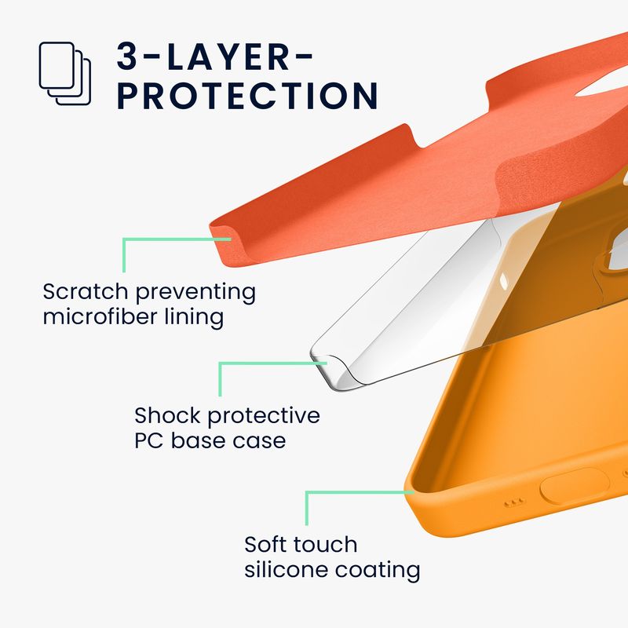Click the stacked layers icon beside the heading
point(65,73)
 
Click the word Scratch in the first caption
point(85,291)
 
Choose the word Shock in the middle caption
point(167,415)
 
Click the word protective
point(264,417)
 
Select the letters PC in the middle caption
point(148,441)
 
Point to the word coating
point(378,571)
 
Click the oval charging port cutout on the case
point(575,485)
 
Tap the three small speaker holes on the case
point(514,502)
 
